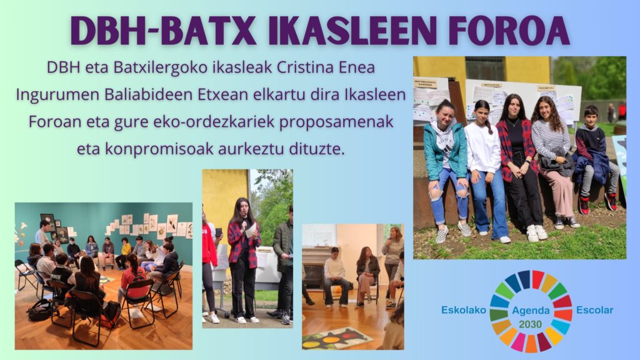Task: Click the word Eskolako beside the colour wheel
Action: (464, 310)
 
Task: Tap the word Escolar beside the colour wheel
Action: (595, 310)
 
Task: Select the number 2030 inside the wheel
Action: (531, 324)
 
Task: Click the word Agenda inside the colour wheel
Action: (531, 311)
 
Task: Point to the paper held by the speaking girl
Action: (251, 230)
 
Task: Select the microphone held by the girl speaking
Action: (244, 222)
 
